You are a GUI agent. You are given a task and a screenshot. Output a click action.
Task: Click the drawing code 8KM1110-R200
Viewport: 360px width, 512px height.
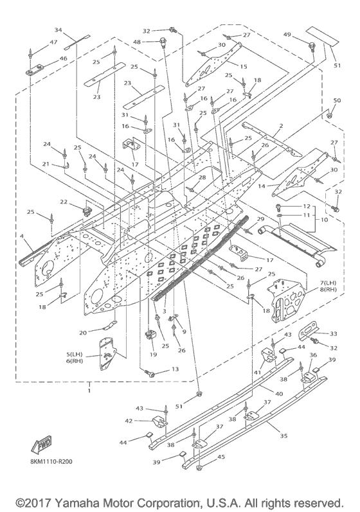(x=51, y=461)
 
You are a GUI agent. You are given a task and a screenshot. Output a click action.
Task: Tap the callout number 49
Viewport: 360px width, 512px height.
(x=287, y=34)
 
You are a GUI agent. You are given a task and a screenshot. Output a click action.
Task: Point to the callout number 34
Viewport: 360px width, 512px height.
(x=58, y=30)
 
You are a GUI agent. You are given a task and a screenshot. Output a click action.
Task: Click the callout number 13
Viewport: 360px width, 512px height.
(x=175, y=369)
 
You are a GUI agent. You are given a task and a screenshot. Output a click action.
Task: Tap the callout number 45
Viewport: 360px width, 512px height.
(x=221, y=457)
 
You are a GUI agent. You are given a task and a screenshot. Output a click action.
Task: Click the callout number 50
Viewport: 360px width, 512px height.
(x=337, y=100)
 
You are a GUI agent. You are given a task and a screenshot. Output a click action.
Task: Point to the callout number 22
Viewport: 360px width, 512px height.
(x=64, y=202)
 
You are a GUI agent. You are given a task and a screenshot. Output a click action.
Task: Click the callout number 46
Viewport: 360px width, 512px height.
(x=64, y=58)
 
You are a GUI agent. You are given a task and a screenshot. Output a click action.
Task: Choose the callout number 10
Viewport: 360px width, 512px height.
(x=324, y=220)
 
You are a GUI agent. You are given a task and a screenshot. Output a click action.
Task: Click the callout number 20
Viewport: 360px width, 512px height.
(x=83, y=333)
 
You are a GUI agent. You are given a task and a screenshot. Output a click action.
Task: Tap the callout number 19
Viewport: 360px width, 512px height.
(x=153, y=354)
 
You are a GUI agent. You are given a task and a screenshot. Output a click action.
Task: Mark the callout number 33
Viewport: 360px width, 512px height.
(x=333, y=333)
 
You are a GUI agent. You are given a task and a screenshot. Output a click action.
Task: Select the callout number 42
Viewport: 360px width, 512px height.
(x=129, y=421)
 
